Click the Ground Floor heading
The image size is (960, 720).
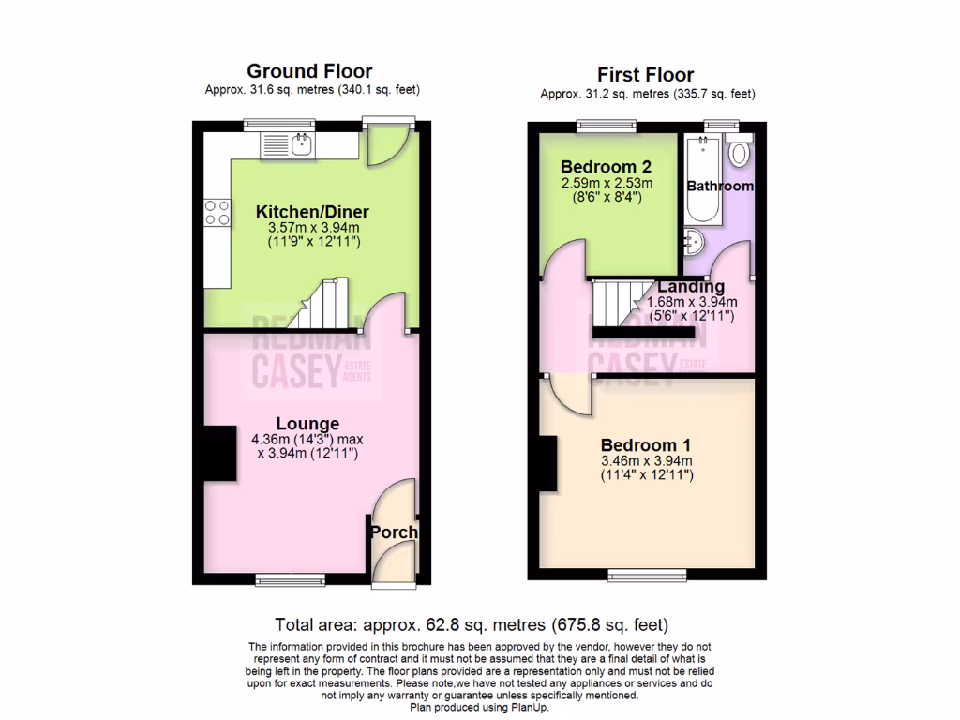click(x=309, y=71)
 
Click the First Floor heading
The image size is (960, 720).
click(x=647, y=74)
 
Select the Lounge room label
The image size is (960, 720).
click(x=307, y=424)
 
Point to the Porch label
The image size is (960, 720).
click(x=394, y=532)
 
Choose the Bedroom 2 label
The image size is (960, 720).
click(x=607, y=166)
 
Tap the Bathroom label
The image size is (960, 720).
click(x=720, y=186)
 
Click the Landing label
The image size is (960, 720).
click(x=691, y=286)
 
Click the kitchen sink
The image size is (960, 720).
click(x=302, y=144)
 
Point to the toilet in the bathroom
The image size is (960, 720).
click(x=739, y=152)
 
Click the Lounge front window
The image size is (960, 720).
click(x=290, y=580)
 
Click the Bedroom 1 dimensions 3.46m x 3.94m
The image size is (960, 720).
click(x=647, y=461)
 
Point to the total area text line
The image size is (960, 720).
click(x=471, y=624)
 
